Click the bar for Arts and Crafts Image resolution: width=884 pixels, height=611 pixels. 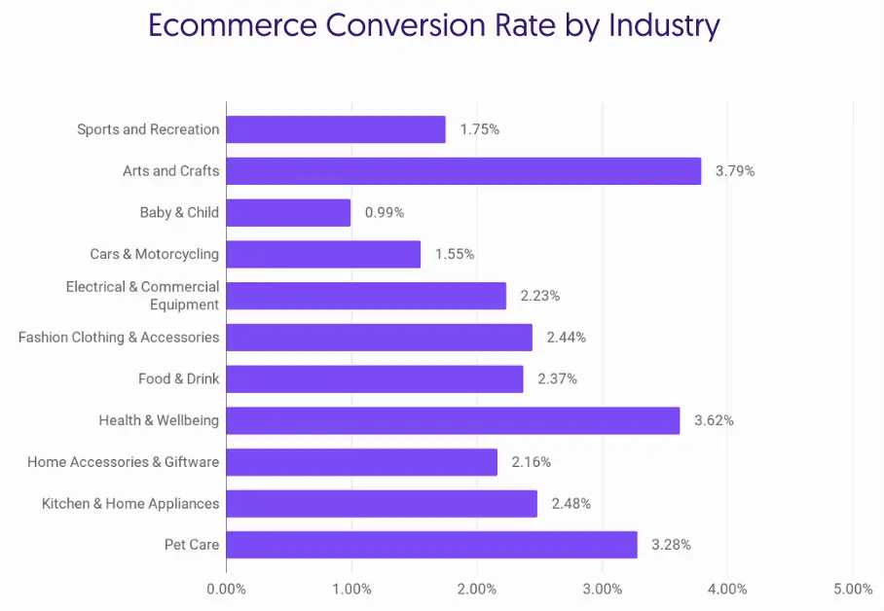click(463, 171)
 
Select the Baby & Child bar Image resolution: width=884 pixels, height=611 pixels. click(288, 212)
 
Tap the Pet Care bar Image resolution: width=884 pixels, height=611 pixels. click(431, 545)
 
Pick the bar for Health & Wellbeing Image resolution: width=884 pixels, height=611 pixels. click(453, 420)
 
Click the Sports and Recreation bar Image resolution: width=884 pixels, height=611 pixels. click(336, 129)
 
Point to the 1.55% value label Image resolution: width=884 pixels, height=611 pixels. click(455, 254)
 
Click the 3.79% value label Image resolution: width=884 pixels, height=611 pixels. click(735, 171)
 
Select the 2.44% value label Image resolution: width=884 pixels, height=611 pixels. click(567, 338)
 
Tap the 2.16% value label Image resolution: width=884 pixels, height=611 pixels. click(532, 462)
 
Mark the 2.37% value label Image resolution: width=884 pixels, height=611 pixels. click(558, 378)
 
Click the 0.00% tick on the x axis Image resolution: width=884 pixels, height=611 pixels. click(226, 589)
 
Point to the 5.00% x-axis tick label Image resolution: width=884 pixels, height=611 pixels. click(853, 589)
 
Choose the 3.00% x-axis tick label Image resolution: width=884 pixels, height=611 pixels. click(603, 589)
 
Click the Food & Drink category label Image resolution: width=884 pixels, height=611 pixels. click(179, 378)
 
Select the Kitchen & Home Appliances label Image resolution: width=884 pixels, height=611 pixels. click(130, 503)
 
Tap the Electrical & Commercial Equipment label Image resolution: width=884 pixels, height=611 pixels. click(143, 296)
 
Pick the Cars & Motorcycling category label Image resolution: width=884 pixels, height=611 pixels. click(155, 254)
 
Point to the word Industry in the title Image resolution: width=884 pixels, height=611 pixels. click(664, 25)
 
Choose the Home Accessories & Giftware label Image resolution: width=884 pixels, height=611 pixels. click(124, 462)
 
